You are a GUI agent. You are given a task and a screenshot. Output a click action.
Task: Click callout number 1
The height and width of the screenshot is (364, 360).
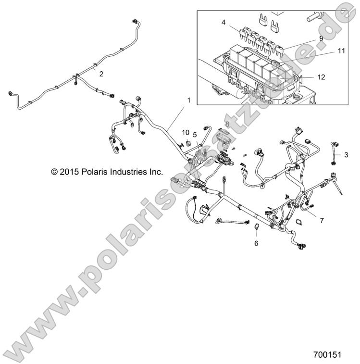tap(189, 100)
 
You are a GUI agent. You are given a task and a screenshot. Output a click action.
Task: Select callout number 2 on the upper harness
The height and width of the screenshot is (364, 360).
tap(100, 73)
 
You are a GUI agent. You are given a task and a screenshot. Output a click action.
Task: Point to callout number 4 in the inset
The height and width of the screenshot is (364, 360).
tap(223, 22)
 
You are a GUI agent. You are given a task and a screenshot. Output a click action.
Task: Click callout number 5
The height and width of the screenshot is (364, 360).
tap(195, 134)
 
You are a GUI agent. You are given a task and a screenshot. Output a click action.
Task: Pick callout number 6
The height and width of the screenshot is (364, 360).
tap(256, 243)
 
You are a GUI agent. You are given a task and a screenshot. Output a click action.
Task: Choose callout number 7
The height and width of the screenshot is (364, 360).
tap(322, 220)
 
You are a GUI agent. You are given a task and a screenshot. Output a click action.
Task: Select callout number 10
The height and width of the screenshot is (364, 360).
tap(186, 132)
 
